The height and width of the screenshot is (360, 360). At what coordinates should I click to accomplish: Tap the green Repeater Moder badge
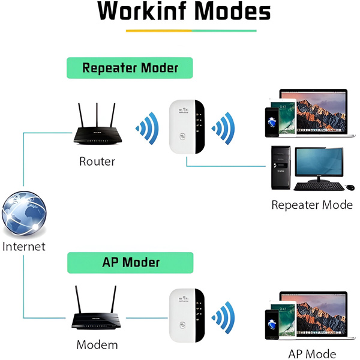pyautogui.click(x=130, y=67)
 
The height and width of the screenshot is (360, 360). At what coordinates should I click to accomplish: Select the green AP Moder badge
pyautogui.click(x=130, y=262)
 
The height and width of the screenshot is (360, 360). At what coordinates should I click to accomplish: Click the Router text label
pyautogui.click(x=97, y=161)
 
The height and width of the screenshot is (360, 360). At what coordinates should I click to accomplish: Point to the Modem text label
pyautogui.click(x=97, y=345)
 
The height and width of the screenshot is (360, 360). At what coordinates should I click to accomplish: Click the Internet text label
pyautogui.click(x=24, y=246)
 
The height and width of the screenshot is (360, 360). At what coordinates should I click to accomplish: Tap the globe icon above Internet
pyautogui.click(x=24, y=212)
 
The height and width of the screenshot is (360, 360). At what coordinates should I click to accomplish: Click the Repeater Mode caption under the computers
pyautogui.click(x=312, y=205)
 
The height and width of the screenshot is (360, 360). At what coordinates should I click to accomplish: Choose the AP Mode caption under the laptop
pyautogui.click(x=312, y=354)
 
